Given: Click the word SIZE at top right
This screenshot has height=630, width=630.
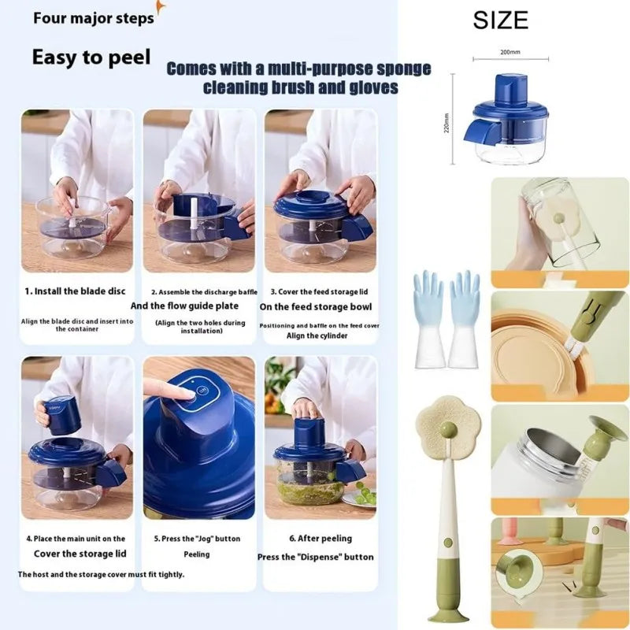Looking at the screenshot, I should pos(500,20).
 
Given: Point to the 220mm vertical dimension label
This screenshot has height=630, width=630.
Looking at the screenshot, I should pos(447,122).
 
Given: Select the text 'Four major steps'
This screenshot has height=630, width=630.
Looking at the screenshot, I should pos(93,18).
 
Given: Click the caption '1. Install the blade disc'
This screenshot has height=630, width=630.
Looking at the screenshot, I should pos(75,291).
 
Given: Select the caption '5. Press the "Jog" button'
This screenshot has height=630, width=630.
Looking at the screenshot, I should pos(196,539).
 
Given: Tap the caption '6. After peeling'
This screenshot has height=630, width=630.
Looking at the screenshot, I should pos(315,539).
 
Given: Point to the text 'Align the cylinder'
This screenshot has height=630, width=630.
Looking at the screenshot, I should pos(317,335).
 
